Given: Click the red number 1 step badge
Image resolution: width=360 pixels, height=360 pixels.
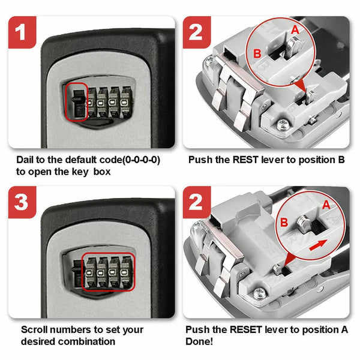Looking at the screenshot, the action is point(22,32).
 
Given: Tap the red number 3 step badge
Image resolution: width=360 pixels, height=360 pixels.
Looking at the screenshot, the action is point(22,202).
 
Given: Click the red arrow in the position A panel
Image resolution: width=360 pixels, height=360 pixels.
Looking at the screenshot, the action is point(318,245).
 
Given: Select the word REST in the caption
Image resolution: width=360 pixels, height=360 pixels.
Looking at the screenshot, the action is point(245,160).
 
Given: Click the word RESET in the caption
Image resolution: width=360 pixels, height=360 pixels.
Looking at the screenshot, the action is point(246,329).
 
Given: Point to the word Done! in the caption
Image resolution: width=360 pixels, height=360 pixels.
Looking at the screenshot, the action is point(199,341).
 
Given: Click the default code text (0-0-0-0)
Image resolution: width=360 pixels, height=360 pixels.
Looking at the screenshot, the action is point(141,160).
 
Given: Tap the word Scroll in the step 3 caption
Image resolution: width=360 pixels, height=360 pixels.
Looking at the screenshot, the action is point(34,329).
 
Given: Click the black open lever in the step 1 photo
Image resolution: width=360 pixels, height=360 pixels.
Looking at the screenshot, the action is point(78,103).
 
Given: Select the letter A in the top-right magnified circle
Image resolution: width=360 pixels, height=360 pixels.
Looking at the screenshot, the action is point(295,29).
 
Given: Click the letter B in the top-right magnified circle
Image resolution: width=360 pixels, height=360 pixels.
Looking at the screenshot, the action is point(257,53).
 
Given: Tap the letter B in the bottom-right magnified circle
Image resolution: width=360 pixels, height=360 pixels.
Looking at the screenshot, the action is point(284,222).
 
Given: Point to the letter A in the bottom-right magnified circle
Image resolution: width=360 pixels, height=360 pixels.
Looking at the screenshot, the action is point(326,205).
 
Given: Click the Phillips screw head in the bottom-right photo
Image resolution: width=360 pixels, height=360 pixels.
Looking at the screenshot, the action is point(259,293).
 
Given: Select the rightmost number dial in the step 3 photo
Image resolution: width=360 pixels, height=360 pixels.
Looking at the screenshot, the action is point(126,272).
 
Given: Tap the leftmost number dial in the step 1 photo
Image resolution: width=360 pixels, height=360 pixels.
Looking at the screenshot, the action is point(92,103).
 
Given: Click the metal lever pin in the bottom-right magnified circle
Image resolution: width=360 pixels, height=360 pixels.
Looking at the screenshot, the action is point(304,224).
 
